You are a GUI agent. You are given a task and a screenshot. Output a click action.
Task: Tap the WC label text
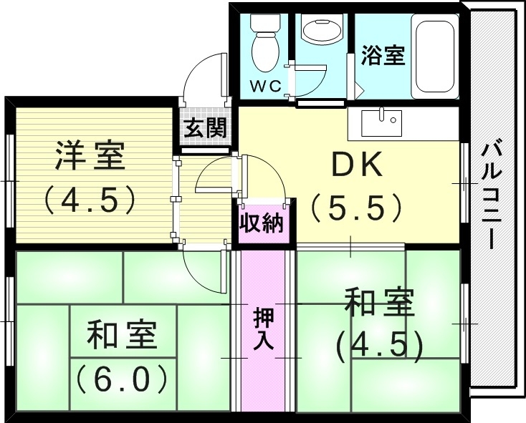pos(264,87)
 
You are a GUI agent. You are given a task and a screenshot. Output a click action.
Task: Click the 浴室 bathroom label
pos(383,56)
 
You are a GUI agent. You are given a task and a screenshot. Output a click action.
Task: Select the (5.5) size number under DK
pos(357,208)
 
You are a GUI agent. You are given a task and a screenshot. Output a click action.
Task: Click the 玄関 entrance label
pos(205,129)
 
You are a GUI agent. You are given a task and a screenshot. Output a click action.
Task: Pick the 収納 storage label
pos(262,223)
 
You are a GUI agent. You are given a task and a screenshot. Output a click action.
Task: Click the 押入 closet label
pos(263,328)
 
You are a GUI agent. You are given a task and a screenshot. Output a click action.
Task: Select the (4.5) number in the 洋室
pos(90,200)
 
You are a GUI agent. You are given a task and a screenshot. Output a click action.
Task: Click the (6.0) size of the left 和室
pos(122,377)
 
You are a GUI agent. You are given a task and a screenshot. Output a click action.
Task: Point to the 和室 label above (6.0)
pos(122,335)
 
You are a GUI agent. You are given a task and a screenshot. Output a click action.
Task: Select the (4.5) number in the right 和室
pos(379,345)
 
